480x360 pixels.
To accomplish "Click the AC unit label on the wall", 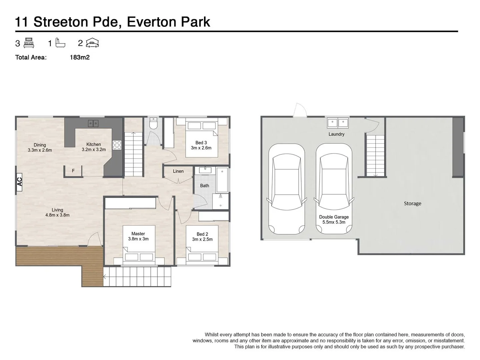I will click(x=19, y=182).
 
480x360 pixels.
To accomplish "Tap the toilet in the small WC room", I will click(x=153, y=124).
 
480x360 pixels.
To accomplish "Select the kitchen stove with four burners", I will click(x=117, y=145).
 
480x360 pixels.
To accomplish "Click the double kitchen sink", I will click(x=93, y=123).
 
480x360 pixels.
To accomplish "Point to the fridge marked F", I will click(x=73, y=171).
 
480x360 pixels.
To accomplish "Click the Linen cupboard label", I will click(x=178, y=171).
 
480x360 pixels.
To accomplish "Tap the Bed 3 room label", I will click(x=201, y=143).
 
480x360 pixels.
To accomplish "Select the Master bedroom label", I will click(x=138, y=234).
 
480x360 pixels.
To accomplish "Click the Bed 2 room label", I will click(x=202, y=234).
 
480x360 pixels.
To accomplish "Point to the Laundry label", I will click(x=336, y=134).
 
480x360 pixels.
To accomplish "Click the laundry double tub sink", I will click(x=338, y=123).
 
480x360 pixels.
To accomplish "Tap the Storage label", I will click(x=412, y=203).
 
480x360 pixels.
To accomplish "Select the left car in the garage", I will click(x=287, y=189).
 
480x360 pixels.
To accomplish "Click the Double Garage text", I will click(x=334, y=217).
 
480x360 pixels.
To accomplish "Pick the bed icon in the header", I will click(x=29, y=43).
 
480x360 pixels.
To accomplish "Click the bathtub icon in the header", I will click(x=60, y=43).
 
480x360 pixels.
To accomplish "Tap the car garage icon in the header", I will click(x=92, y=43).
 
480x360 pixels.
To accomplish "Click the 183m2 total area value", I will click(x=80, y=57).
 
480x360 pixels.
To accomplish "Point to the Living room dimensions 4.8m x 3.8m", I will click(x=57, y=215).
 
